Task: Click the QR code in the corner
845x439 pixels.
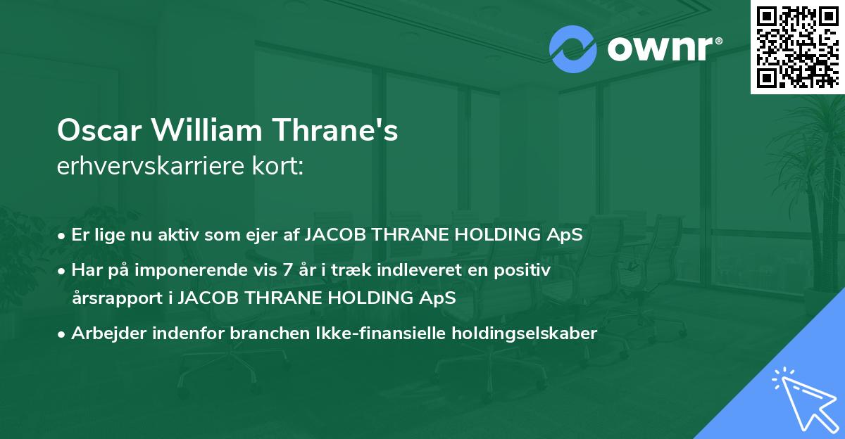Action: pos(797,46)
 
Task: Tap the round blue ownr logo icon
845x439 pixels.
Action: pos(573,49)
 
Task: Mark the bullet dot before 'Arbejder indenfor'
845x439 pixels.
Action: pos(62,334)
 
